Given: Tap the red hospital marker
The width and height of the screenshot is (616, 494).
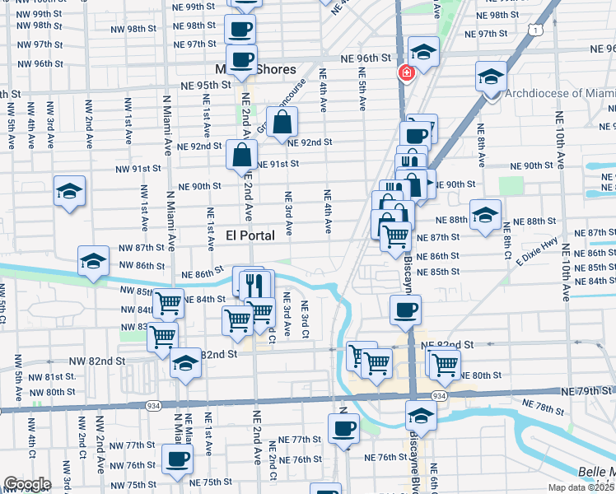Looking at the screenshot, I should pos(406,73).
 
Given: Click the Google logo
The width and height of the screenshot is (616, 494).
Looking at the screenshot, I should pos(27,484).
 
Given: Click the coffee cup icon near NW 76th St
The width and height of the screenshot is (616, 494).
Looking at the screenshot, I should pos(176,459).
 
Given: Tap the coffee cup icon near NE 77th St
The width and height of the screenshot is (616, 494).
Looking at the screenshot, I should pos(343,427).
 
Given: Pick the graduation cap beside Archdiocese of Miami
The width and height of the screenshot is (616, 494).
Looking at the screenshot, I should pos(491,77).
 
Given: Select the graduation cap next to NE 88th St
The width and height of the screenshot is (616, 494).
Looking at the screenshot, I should pos(484,215).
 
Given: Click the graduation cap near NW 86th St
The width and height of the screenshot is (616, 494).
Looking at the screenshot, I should pos(93,260).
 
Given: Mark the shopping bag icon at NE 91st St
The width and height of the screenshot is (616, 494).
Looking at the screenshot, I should pos(242,154).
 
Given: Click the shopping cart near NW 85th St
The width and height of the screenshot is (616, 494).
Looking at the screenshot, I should pos(169,302).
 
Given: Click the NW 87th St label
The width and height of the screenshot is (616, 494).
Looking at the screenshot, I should pos(141,247).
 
